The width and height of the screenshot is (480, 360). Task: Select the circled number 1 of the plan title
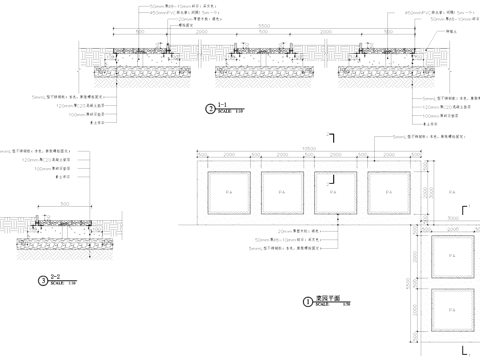[x=307, y=299]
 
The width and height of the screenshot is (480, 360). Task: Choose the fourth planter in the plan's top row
[x=390, y=190]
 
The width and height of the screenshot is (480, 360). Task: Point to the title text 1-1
[x=223, y=104]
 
